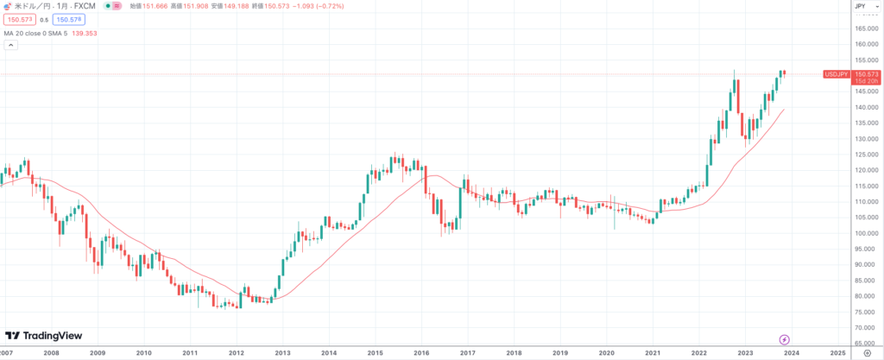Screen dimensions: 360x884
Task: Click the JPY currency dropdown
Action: pos(860,6)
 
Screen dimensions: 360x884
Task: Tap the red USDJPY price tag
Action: pos(837,75)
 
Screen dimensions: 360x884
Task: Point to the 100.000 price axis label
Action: pos(865,233)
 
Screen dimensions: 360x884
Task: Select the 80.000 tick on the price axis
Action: pos(865,296)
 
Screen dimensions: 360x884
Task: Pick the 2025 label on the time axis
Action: pos(837,352)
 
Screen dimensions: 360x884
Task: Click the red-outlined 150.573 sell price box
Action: pos(19,19)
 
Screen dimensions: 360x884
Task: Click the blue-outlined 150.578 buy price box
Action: pos(67,19)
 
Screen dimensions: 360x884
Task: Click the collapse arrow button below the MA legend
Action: pos(9,46)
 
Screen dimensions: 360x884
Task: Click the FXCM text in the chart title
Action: pos(85,6)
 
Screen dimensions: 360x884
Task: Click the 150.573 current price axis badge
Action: pos(865,74)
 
